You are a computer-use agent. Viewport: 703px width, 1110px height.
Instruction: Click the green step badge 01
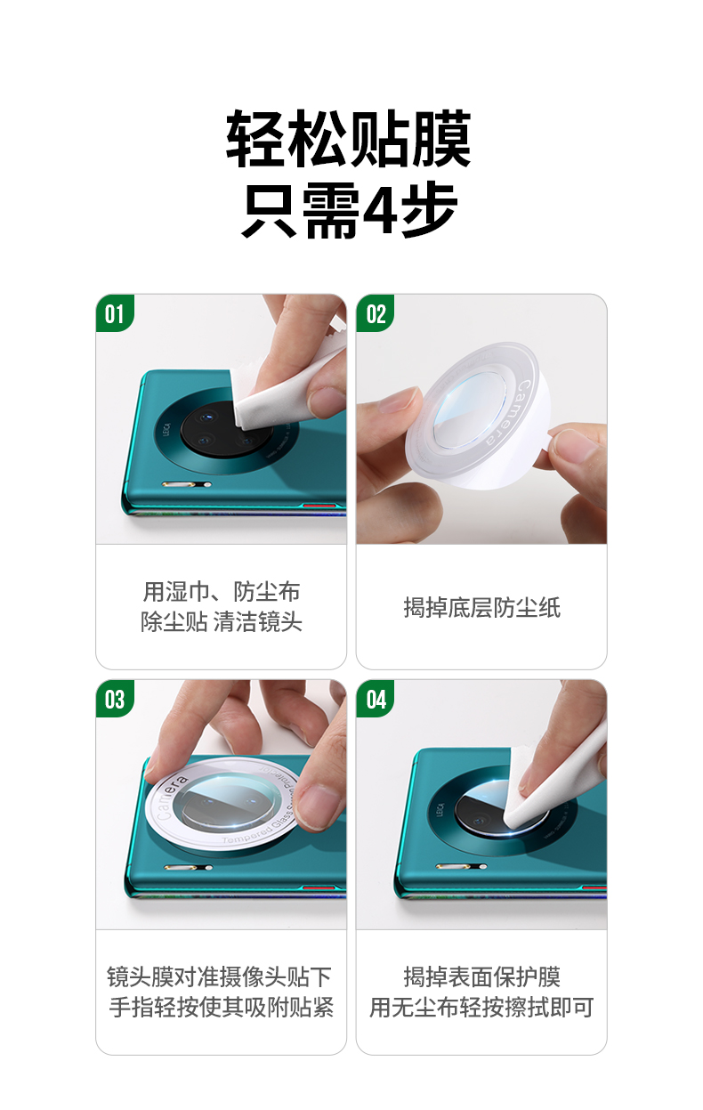tap(114, 314)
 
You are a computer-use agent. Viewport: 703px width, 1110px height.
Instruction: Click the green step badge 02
tap(376, 314)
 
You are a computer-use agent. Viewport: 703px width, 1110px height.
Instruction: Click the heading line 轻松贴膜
tap(349, 140)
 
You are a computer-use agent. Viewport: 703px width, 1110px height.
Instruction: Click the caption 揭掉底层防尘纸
tap(481, 608)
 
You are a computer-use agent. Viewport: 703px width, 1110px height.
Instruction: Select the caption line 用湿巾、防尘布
tap(222, 592)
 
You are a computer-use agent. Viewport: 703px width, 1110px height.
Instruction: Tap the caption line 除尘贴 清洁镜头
tap(222, 622)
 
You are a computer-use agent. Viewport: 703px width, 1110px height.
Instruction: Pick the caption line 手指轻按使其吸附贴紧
tap(221, 1008)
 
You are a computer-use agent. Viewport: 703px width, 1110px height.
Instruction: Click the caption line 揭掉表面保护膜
tap(481, 976)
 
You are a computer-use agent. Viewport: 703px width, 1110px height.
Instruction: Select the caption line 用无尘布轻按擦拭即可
tap(481, 1008)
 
